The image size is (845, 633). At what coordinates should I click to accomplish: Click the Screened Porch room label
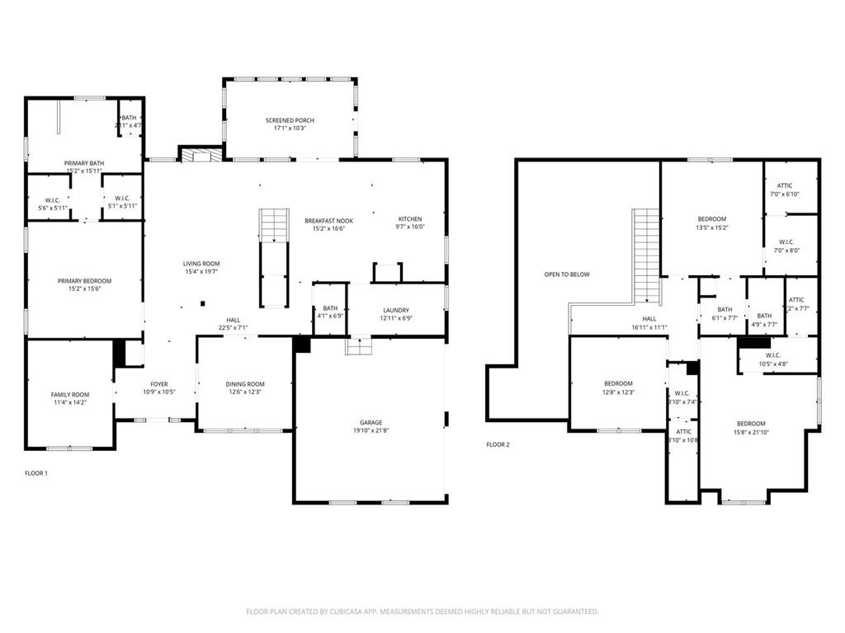click(290, 120)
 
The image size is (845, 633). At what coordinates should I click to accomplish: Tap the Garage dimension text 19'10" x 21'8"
click(371, 431)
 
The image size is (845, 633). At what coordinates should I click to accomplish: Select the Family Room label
click(70, 395)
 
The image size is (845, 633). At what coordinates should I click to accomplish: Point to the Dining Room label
click(245, 384)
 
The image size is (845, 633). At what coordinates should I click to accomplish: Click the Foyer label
click(159, 384)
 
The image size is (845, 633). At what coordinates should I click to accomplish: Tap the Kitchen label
click(410, 219)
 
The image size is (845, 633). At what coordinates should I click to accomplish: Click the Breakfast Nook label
click(328, 221)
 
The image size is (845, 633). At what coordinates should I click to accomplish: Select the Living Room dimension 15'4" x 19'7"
click(201, 271)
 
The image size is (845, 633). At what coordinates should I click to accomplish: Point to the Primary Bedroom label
click(84, 281)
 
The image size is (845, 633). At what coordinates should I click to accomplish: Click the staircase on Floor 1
click(274, 239)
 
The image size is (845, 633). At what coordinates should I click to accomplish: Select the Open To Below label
click(567, 274)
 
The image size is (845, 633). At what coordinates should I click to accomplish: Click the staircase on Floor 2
click(645, 256)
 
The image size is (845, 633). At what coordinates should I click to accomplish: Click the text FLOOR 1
click(36, 473)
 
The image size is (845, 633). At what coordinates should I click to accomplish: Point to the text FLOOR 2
click(498, 444)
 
